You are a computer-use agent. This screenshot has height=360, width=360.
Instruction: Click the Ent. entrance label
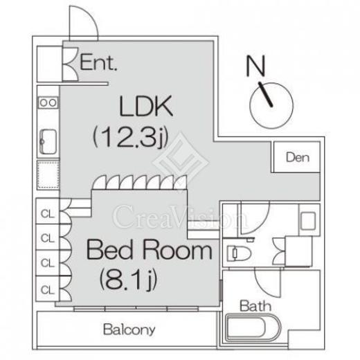[x=98, y=62]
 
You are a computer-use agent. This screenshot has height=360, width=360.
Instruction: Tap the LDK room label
[x=146, y=106]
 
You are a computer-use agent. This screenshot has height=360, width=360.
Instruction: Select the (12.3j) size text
[x=130, y=137]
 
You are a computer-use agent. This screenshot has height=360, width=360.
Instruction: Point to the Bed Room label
[x=149, y=250]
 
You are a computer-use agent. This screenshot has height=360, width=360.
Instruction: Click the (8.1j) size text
[x=128, y=280]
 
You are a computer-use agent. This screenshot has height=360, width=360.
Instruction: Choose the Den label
[x=298, y=157]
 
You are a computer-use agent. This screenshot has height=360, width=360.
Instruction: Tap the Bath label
[x=255, y=306]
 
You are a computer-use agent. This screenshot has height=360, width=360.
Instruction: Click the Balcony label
[x=129, y=330]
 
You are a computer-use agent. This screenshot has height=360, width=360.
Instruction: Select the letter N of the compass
[x=255, y=66]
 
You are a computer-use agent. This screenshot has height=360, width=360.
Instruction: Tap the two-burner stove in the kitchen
[x=48, y=102]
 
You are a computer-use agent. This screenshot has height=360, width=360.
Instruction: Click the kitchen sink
[x=48, y=142]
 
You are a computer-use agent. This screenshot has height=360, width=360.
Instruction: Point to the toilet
[x=239, y=253]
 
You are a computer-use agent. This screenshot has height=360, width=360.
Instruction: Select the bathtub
[x=253, y=327]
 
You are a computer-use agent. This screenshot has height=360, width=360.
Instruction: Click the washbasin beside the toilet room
[x=308, y=221]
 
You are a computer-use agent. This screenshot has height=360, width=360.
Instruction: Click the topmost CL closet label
[x=48, y=214]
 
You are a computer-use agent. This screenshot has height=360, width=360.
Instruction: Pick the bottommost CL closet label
[x=48, y=289]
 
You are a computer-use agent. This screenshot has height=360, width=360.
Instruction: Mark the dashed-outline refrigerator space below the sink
[x=48, y=175]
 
